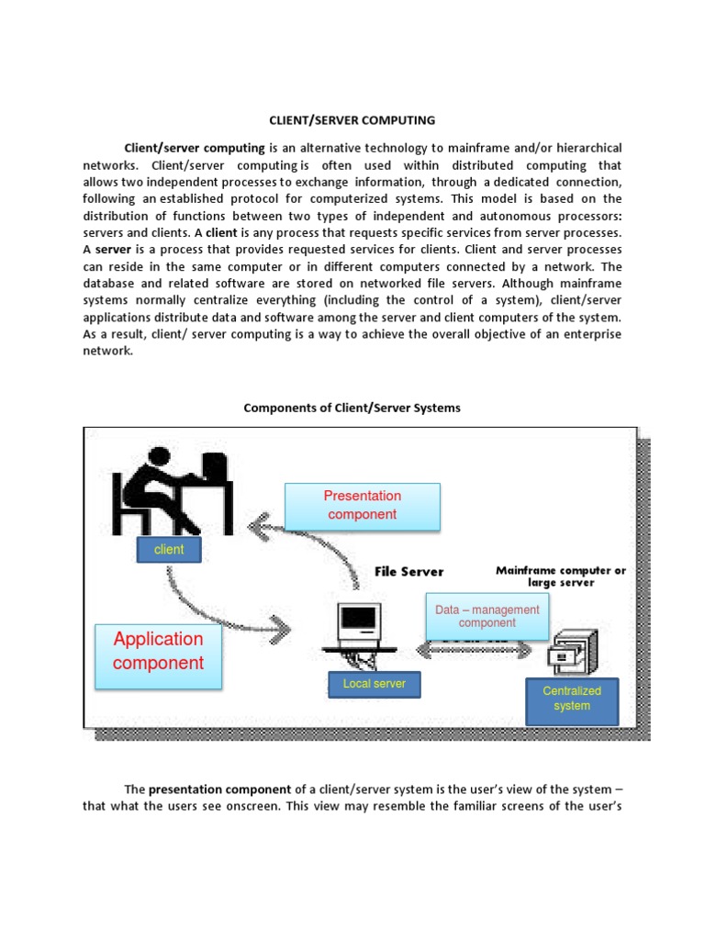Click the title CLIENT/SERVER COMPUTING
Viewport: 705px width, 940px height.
coord(352,119)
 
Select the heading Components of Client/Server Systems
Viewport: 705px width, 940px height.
coord(352,408)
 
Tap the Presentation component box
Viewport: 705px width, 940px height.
coord(363,506)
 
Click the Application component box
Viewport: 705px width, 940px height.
coord(158,651)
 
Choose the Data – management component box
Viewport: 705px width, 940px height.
coord(487,616)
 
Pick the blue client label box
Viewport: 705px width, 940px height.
coord(169,550)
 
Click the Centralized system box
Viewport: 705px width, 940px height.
coord(572,699)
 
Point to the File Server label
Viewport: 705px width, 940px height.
coord(408,572)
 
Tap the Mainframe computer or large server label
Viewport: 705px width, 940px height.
coord(561,576)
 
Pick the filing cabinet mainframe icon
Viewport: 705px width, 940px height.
coord(572,651)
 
